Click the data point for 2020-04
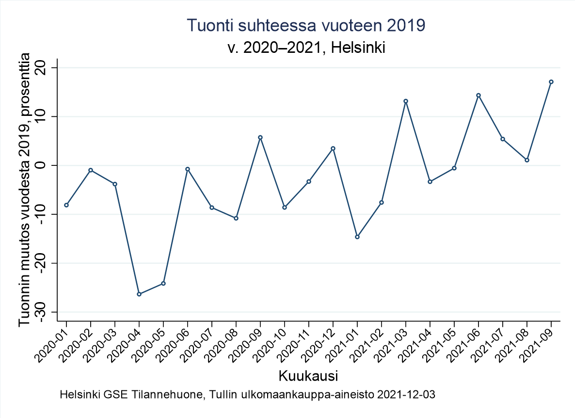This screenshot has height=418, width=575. (x=139, y=294)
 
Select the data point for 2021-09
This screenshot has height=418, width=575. (x=551, y=82)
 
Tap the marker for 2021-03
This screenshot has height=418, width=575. (x=406, y=101)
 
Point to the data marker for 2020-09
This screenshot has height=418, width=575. (x=260, y=137)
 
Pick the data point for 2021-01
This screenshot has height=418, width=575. (x=357, y=237)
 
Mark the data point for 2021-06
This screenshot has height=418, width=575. (x=479, y=96)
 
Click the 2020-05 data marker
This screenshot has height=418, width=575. (x=163, y=283)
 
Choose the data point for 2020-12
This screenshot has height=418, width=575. (x=333, y=148)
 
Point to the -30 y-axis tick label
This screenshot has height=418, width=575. (x=48, y=312)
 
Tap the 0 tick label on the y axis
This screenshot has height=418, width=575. (x=48, y=165)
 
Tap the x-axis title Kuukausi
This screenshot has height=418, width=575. (x=308, y=376)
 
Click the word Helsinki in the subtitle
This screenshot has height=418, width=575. (x=356, y=48)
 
